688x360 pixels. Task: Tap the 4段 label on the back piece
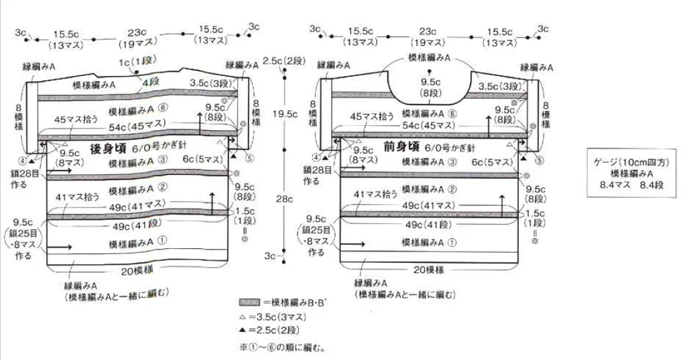click(151, 82)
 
